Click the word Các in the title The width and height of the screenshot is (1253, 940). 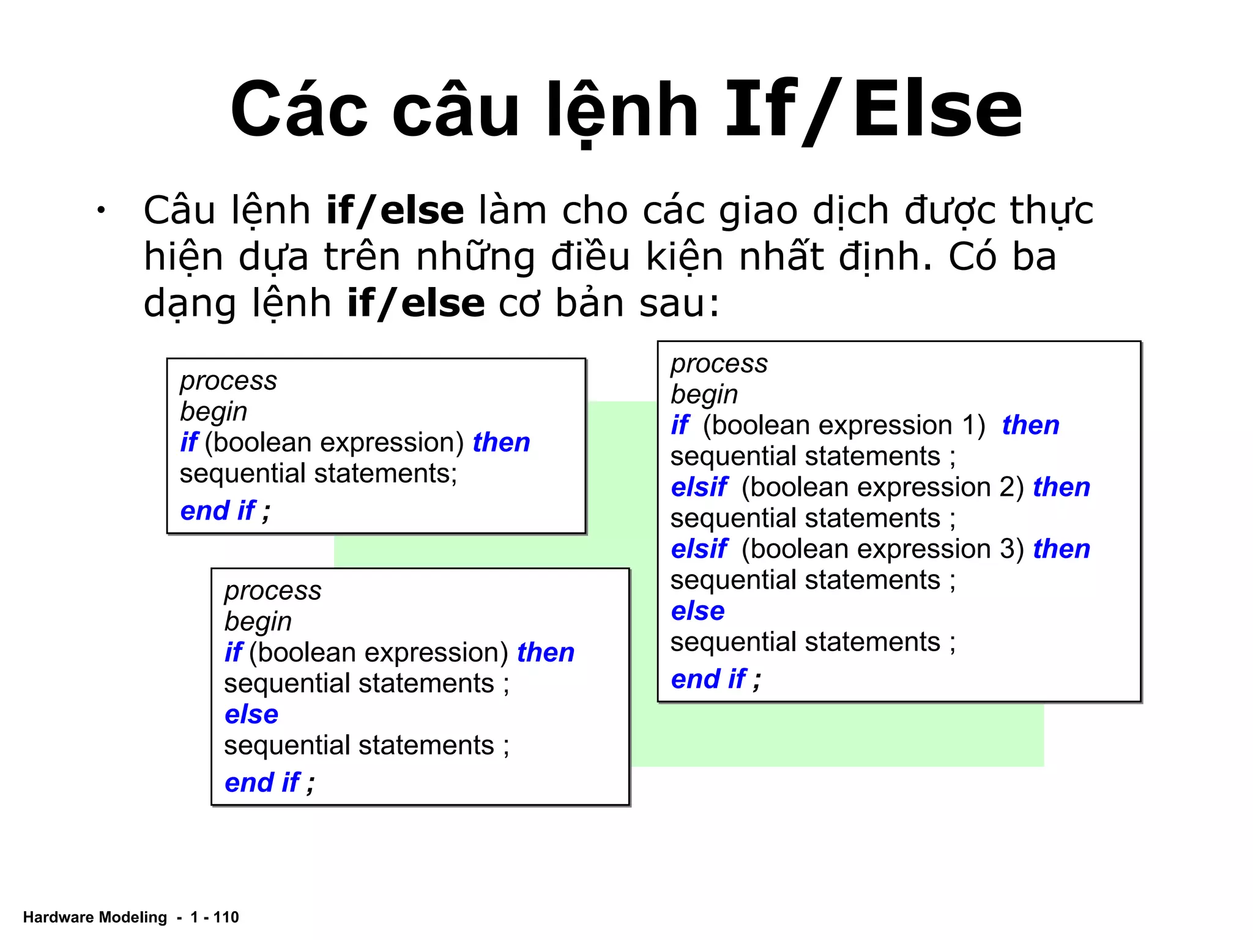[x=299, y=111]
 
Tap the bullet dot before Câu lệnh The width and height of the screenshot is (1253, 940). [x=100, y=211]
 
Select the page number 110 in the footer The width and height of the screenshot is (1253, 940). [x=226, y=917]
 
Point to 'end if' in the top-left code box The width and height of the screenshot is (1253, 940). [x=218, y=510]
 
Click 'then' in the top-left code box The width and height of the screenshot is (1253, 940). [x=501, y=442]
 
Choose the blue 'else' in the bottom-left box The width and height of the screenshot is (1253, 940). [x=251, y=714]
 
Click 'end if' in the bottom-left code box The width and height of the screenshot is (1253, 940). [x=262, y=782]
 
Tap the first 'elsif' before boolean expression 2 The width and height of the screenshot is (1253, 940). [x=699, y=488]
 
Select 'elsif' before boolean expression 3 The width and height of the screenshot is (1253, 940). [x=699, y=550]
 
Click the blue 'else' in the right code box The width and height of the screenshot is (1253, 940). [x=697, y=611]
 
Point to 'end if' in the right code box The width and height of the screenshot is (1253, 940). [x=708, y=679]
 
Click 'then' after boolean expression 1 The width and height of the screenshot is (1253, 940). [x=1030, y=425]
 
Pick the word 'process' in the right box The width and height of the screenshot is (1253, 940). [x=719, y=364]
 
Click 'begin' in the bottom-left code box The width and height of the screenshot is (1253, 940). [x=258, y=622]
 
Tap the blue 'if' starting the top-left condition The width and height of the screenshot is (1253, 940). [x=188, y=442]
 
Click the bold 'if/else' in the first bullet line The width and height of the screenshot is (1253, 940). [x=395, y=211]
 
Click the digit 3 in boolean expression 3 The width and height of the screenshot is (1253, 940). [x=1007, y=550]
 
